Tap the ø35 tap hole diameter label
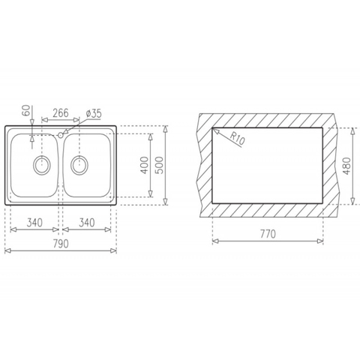coord(94,113)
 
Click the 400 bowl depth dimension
coord(144,166)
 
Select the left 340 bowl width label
coord(33,223)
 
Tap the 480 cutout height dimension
coord(346,166)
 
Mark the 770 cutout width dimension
coord(268,234)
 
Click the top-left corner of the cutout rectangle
coord(214,127)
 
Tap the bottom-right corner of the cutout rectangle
coord(324,202)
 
